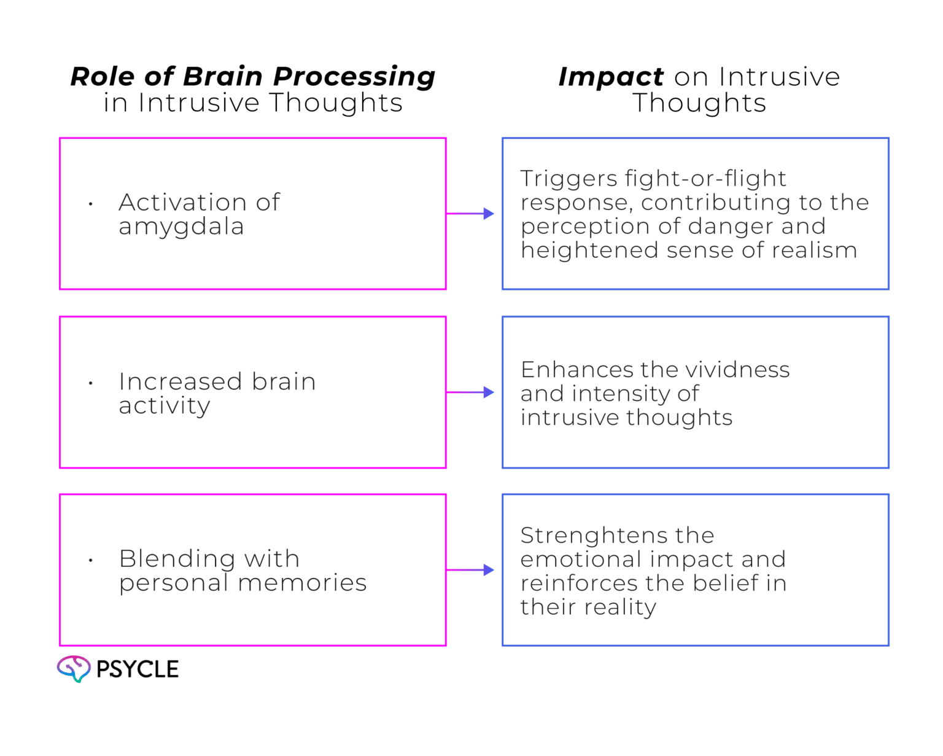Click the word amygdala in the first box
point(180,227)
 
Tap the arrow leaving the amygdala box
point(471,214)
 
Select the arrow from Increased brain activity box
point(471,393)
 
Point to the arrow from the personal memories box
point(471,571)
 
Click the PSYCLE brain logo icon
point(74,669)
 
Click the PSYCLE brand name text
point(138,669)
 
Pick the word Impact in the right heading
point(610,77)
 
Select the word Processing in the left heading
point(354,77)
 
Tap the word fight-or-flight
point(705,179)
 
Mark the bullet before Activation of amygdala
point(91,203)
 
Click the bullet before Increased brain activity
point(91,383)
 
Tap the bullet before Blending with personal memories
point(91,560)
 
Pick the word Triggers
point(569,179)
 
